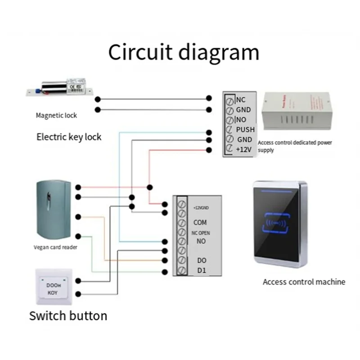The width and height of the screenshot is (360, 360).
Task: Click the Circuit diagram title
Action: pyautogui.click(x=184, y=52)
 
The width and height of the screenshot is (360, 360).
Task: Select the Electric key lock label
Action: pyautogui.click(x=69, y=137)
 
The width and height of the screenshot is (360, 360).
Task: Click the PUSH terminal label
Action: pyautogui.click(x=245, y=130)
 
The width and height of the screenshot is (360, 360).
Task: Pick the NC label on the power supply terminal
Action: pyautogui.click(x=241, y=100)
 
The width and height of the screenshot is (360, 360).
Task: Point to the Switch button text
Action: pyautogui.click(x=68, y=315)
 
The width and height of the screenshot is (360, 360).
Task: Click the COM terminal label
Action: pyautogui.click(x=200, y=222)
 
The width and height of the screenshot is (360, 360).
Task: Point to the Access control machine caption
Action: pyautogui.click(x=304, y=282)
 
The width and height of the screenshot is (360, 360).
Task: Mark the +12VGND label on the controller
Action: pyautogui.click(x=200, y=207)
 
